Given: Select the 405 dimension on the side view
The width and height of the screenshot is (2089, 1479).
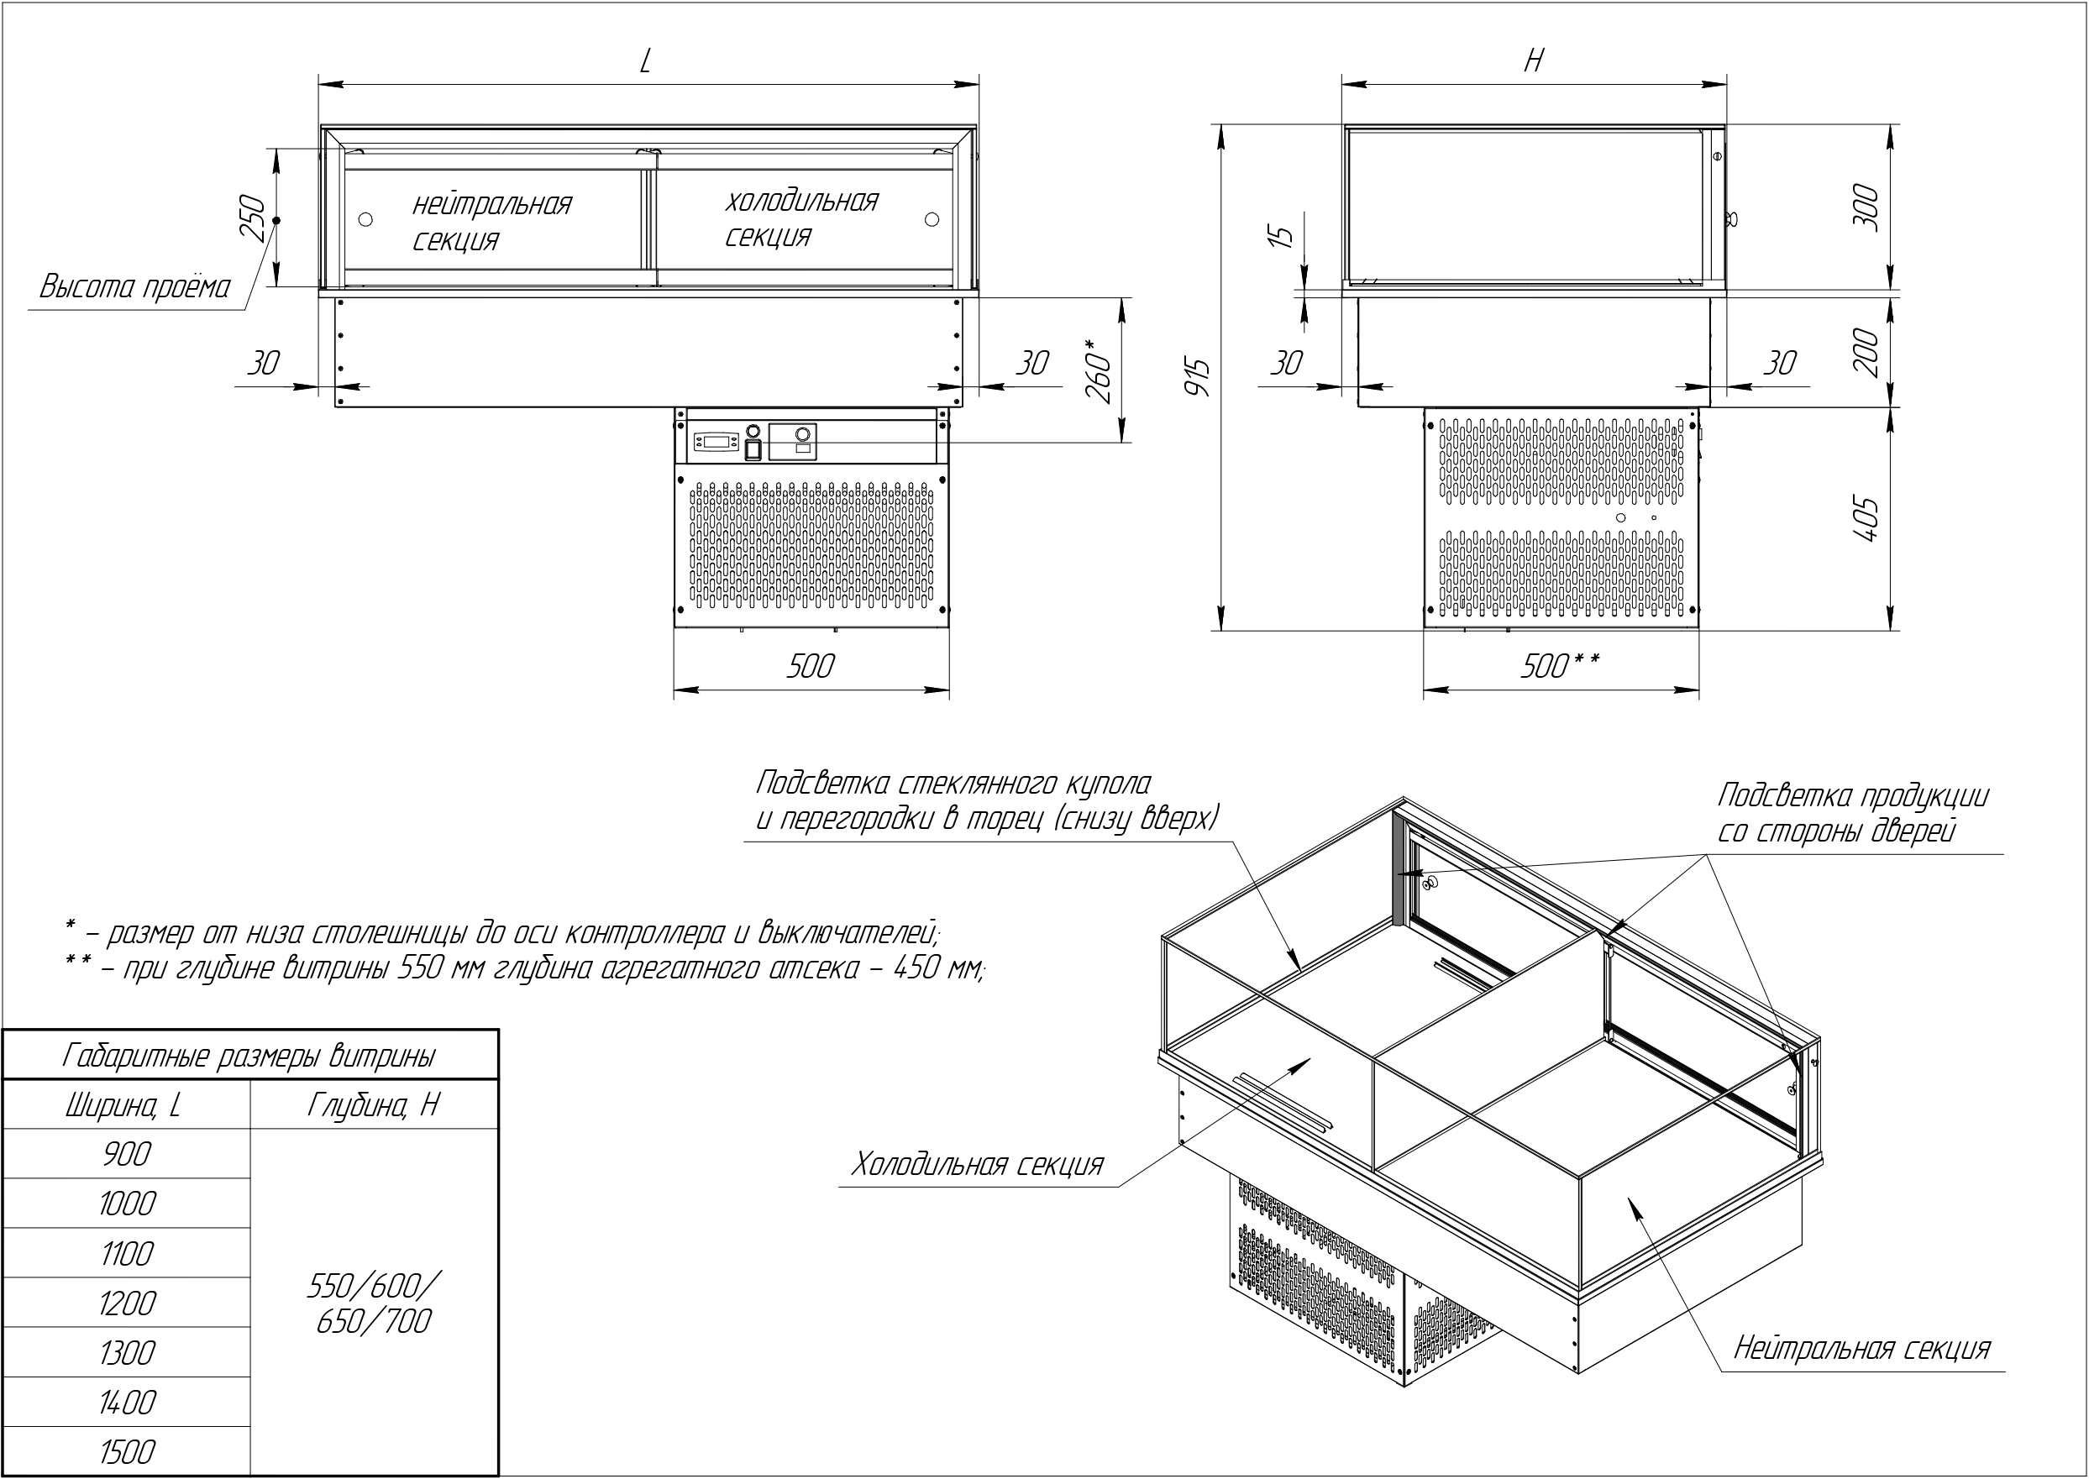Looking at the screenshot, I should (x=1866, y=519).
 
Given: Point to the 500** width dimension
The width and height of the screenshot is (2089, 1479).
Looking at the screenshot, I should (x=1559, y=667).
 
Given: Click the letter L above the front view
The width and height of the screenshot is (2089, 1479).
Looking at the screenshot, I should (x=646, y=61).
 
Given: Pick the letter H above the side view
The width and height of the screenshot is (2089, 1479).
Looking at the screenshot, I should (x=1534, y=60).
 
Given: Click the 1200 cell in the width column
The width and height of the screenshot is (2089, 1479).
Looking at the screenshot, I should (x=127, y=1303).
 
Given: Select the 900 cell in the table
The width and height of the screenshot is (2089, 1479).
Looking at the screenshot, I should (x=127, y=1154).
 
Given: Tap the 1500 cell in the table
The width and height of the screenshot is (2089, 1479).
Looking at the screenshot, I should (x=127, y=1451).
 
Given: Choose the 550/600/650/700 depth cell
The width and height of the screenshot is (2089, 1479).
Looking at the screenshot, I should (x=373, y=1303).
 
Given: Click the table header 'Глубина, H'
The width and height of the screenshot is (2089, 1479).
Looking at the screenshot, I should (x=373, y=1104).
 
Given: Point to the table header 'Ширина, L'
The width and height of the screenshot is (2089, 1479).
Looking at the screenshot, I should (x=125, y=1105).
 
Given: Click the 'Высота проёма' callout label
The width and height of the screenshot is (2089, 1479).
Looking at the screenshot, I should (x=134, y=288).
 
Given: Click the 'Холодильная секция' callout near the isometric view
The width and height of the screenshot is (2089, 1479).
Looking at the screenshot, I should (x=977, y=1165).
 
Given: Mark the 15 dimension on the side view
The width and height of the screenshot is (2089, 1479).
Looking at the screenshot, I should (x=1280, y=235).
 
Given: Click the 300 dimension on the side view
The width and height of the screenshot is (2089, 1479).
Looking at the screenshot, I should (x=1866, y=207).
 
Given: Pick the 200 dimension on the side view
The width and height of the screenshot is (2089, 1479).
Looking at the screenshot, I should (x=1866, y=352).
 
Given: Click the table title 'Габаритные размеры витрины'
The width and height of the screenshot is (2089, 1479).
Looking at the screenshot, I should (x=249, y=1056).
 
